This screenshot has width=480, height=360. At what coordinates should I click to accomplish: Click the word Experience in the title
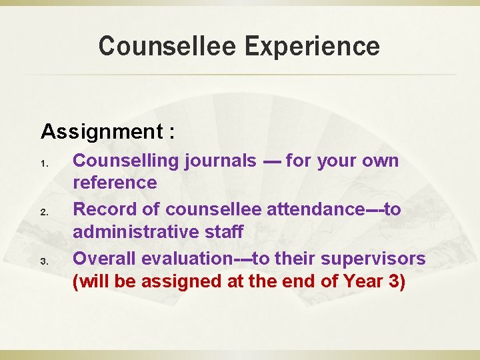pos(313,47)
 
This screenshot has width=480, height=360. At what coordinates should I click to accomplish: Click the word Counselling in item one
pos(119,161)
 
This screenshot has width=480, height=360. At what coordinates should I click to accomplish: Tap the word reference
pos(115,182)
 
